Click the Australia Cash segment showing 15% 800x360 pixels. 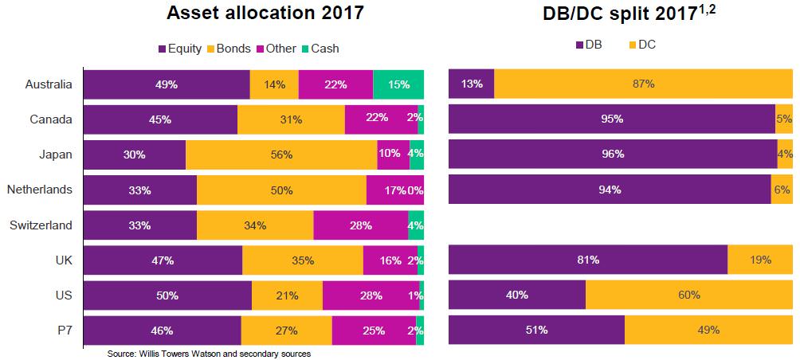pyautogui.click(x=398, y=84)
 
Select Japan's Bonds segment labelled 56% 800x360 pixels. pyautogui.click(x=281, y=155)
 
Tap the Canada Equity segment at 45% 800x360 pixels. pyautogui.click(x=160, y=119)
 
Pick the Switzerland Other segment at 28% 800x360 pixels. pyautogui.click(x=360, y=225)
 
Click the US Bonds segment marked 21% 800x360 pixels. pyautogui.click(x=287, y=295)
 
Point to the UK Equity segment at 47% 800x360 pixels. pyautogui.click(x=163, y=260)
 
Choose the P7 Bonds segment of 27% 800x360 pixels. pyautogui.click(x=286, y=331)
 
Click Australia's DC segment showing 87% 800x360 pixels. pyautogui.click(x=643, y=84)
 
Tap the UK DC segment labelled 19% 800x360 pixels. pyautogui.click(x=760, y=260)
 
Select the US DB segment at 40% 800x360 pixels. pyautogui.click(x=517, y=295)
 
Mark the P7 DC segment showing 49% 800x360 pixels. pyautogui.click(x=708, y=331)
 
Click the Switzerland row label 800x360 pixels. pyautogui.click(x=41, y=225)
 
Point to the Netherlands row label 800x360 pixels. pyautogui.click(x=40, y=190)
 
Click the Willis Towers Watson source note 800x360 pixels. pyautogui.click(x=209, y=354)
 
